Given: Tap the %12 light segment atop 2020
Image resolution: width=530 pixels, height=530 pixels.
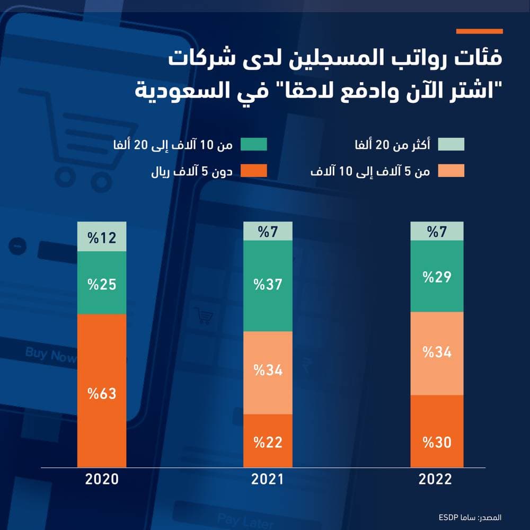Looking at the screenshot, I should [x=102, y=236].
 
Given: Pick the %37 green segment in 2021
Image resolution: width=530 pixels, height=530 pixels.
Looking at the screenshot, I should [x=268, y=286].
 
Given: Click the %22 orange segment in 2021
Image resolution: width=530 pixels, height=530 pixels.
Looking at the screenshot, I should [x=268, y=441].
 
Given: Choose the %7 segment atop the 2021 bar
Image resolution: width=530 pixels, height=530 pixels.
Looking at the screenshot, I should [x=268, y=231].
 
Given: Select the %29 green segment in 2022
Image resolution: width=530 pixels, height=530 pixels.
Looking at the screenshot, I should [x=437, y=276].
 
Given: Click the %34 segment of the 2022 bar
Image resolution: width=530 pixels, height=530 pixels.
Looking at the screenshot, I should [x=437, y=354].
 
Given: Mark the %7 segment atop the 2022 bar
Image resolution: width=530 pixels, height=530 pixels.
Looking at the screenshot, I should [x=437, y=231].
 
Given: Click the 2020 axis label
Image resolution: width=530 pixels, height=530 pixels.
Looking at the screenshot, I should [x=102, y=480].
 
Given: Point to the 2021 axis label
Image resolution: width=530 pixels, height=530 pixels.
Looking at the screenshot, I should [x=268, y=480].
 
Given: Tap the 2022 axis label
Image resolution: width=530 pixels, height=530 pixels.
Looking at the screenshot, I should [x=436, y=480].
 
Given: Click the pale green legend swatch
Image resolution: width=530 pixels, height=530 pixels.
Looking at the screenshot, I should [x=451, y=144].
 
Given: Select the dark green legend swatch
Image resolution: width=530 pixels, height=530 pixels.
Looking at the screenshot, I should [x=253, y=144].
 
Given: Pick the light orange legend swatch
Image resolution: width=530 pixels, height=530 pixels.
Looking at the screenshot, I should [x=451, y=171].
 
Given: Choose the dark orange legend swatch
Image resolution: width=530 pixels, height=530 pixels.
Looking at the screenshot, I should [x=253, y=171].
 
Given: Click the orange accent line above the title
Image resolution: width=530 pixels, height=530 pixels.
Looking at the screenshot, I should [x=479, y=31].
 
